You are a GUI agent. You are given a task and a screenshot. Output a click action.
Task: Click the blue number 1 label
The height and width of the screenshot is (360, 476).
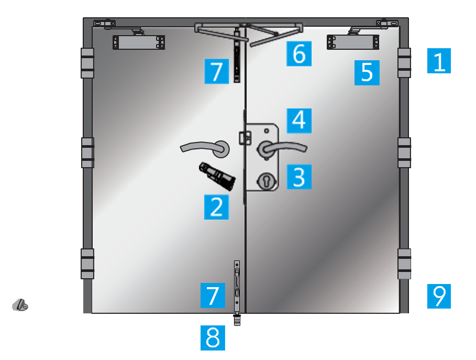click(x=439, y=61)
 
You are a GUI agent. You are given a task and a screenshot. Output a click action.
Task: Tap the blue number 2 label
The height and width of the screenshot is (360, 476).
click(x=216, y=207)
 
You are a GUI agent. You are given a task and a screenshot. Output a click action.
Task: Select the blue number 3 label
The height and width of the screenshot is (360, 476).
click(x=299, y=177)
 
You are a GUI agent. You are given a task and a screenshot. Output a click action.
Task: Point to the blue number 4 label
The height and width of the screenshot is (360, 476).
click(x=299, y=121)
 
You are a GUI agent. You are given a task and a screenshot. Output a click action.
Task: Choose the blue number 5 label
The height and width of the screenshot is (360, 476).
click(x=367, y=73)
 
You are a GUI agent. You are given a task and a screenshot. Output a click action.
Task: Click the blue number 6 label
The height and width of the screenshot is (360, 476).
click(x=298, y=53)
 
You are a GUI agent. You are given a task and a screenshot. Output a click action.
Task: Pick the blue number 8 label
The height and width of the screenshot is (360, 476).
click(x=213, y=338)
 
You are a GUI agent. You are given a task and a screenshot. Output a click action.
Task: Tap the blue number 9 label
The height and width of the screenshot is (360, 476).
click(x=439, y=296)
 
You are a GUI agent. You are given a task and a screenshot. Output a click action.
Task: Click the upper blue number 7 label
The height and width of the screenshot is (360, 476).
click(x=216, y=71)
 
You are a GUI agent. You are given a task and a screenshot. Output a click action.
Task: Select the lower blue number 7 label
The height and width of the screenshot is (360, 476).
click(x=213, y=296)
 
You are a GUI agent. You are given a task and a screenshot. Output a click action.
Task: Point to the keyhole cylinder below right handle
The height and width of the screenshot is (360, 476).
click(x=266, y=181)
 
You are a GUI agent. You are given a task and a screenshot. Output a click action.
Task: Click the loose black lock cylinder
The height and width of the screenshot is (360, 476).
click(x=217, y=176)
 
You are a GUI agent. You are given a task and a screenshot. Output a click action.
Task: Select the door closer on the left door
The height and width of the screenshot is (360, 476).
click(x=139, y=42)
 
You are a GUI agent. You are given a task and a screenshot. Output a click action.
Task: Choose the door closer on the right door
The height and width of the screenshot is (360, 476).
click(x=353, y=42)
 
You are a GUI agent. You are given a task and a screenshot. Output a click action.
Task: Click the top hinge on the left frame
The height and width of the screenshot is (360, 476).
click(x=87, y=63)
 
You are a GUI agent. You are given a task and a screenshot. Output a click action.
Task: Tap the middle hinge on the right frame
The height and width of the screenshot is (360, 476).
click(x=404, y=152)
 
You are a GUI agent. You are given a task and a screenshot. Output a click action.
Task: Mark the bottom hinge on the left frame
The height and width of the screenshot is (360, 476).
click(x=87, y=264)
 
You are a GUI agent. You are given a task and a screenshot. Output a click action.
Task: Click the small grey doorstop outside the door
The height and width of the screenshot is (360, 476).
click(x=20, y=305)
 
